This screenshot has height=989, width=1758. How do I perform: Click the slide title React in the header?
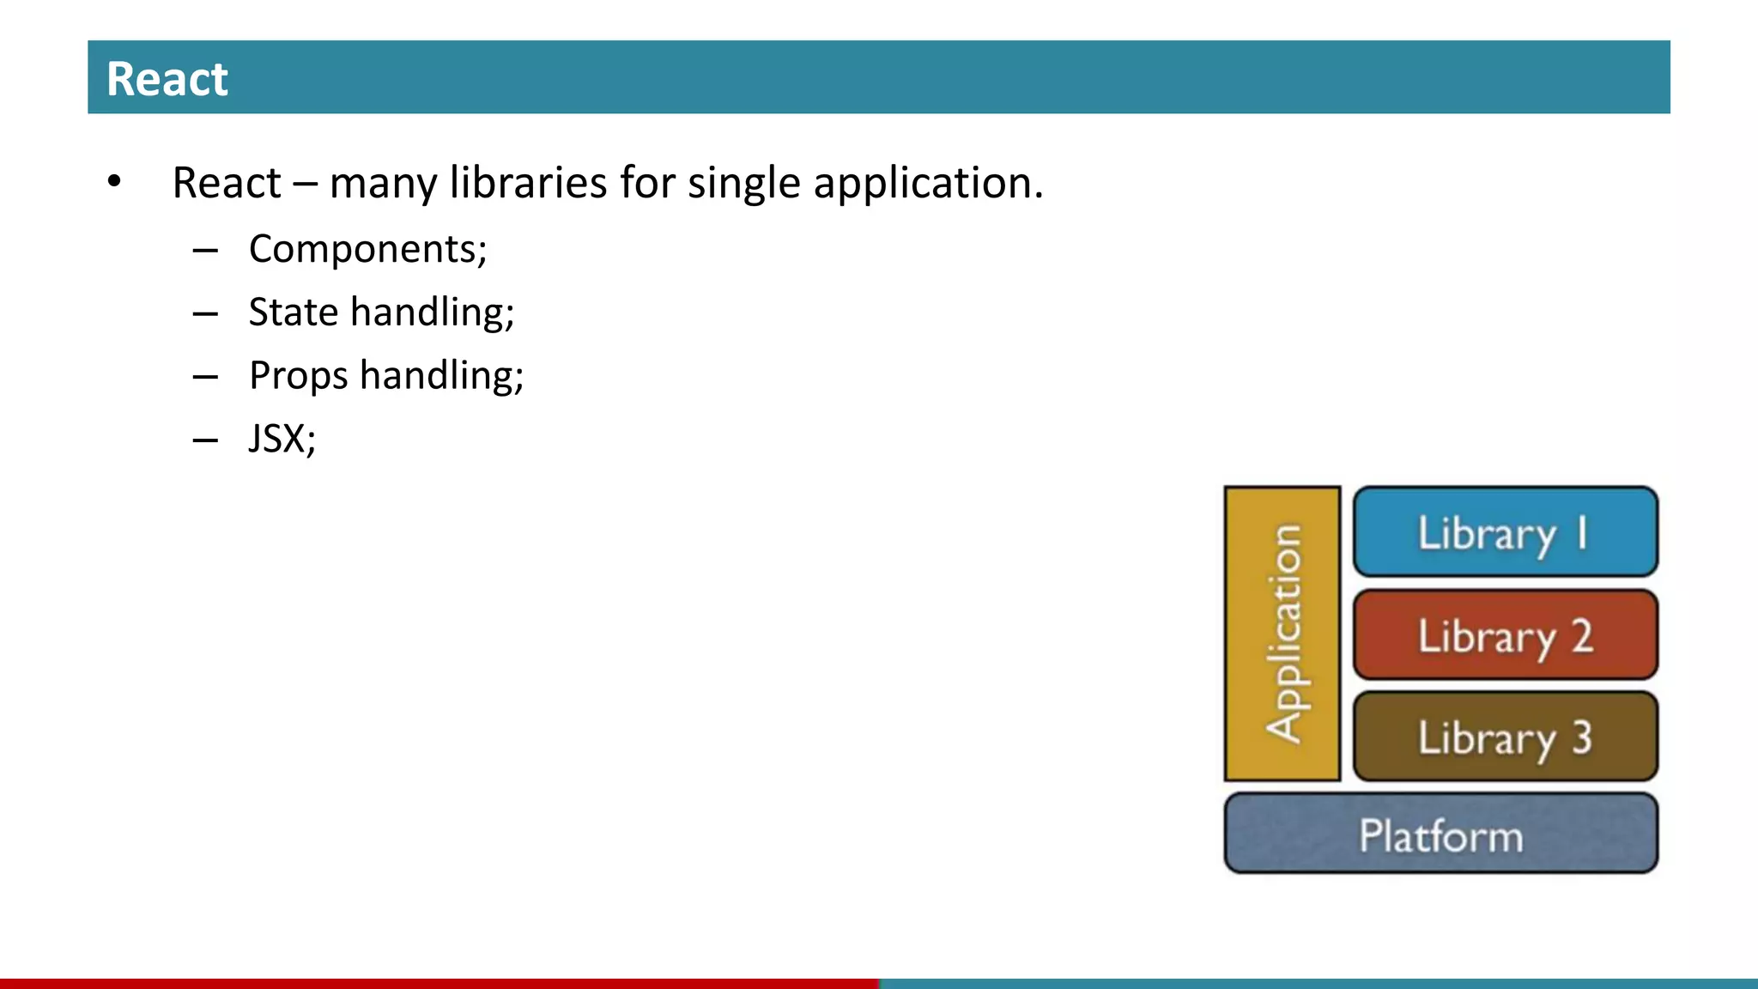[167, 79]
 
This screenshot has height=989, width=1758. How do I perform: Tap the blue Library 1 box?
[1505, 532]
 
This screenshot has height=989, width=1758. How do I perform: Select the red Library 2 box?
[1505, 635]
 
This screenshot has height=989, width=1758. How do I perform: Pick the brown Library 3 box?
[1505, 737]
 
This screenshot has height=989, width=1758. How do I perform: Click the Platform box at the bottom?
[1440, 834]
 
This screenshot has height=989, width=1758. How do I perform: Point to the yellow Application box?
[1282, 634]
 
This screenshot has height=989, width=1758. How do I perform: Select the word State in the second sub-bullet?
[293, 312]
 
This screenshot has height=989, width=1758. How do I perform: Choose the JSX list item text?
[282, 439]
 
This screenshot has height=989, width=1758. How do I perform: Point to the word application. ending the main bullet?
[928, 183]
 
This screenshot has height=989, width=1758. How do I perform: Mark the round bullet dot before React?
[114, 182]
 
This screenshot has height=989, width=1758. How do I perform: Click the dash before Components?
[205, 251]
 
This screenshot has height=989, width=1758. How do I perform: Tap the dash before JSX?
[205, 440]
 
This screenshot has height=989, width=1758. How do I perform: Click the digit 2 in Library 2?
[1582, 636]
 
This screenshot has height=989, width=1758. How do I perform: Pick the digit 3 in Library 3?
[1582, 737]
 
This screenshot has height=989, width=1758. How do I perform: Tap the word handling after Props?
[440, 376]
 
